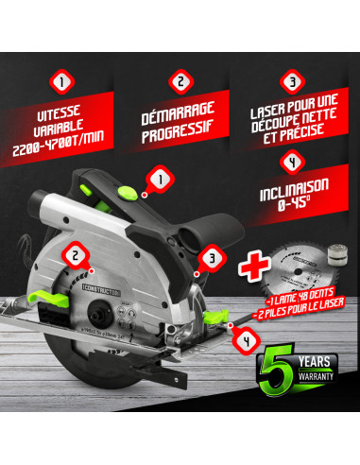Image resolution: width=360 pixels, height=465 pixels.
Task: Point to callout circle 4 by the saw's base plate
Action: [x=245, y=336]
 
